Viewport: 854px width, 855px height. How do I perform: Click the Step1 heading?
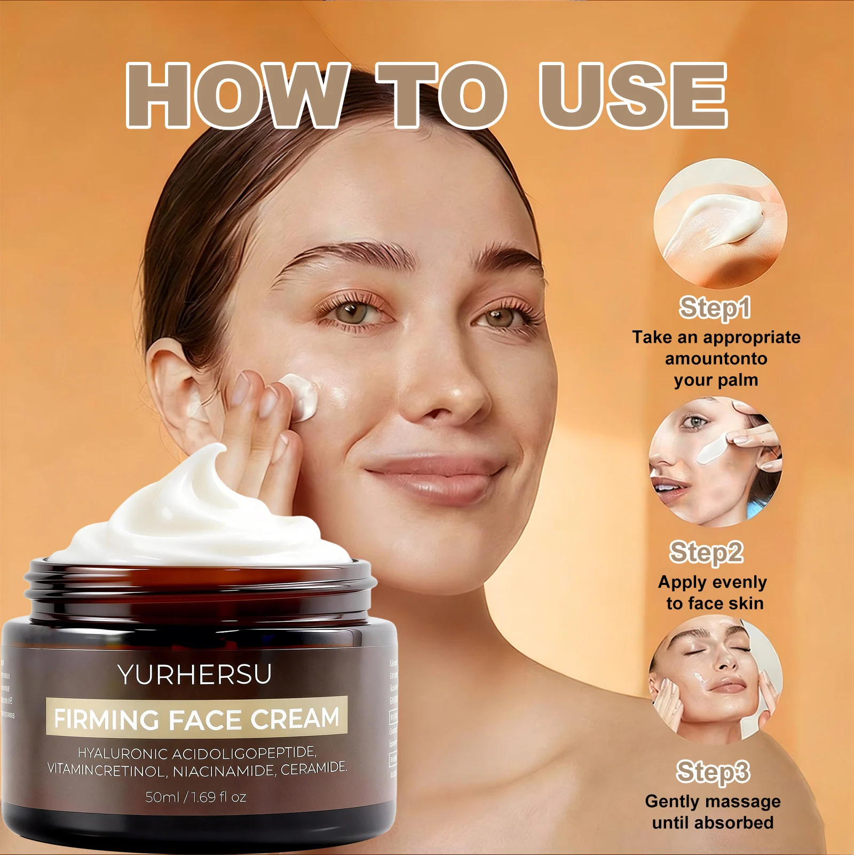click(x=715, y=308)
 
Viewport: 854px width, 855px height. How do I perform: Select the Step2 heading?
click(x=706, y=552)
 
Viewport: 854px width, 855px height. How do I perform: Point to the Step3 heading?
click(x=713, y=772)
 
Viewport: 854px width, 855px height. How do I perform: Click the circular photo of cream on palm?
click(x=720, y=224)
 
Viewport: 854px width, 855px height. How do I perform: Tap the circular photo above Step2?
click(x=715, y=462)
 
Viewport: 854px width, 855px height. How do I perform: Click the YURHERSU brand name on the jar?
click(x=195, y=675)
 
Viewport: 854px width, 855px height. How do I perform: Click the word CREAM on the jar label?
click(x=295, y=718)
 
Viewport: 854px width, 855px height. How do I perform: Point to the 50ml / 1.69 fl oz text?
click(x=196, y=797)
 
